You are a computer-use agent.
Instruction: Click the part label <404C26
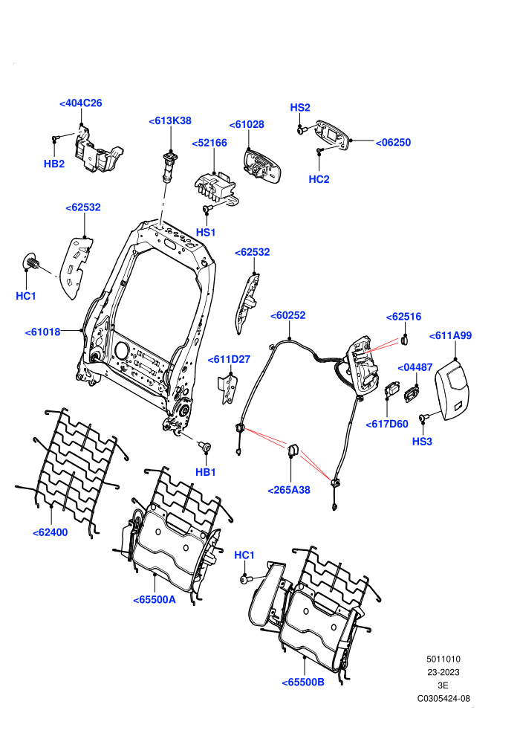click(x=81, y=103)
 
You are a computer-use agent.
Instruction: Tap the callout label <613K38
click(x=170, y=121)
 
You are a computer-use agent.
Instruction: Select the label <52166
click(x=209, y=143)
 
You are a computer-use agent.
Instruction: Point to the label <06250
click(x=394, y=143)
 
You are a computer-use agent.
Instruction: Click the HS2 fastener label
click(x=300, y=108)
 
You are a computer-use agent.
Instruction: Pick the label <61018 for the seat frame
click(x=42, y=332)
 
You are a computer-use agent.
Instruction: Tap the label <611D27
click(x=230, y=360)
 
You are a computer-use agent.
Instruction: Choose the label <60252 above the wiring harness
click(x=288, y=315)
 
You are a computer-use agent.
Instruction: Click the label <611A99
click(x=451, y=335)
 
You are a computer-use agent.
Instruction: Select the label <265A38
click(x=289, y=490)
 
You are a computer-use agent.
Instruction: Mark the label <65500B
click(x=303, y=682)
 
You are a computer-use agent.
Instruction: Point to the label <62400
click(x=51, y=533)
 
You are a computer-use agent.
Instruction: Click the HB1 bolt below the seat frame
click(x=205, y=445)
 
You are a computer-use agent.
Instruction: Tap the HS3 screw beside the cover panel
click(x=425, y=417)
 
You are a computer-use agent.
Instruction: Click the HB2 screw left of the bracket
click(x=55, y=138)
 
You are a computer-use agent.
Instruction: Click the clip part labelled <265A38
click(x=293, y=449)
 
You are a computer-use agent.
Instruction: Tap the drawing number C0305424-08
click(x=443, y=698)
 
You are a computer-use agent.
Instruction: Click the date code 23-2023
click(x=443, y=672)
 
